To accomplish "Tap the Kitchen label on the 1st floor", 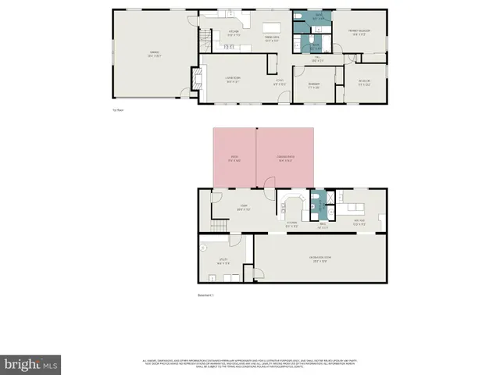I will tap(233, 34).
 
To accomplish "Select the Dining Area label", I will tap(272, 40).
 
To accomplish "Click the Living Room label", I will tap(233, 79).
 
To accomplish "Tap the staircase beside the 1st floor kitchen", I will tap(205, 36).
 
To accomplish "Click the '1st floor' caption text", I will tap(118, 110).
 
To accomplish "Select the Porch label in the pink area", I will tap(234, 159).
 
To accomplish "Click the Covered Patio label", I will tap(285, 159).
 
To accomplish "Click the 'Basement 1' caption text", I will tap(205, 295).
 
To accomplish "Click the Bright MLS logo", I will tap(31, 364).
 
